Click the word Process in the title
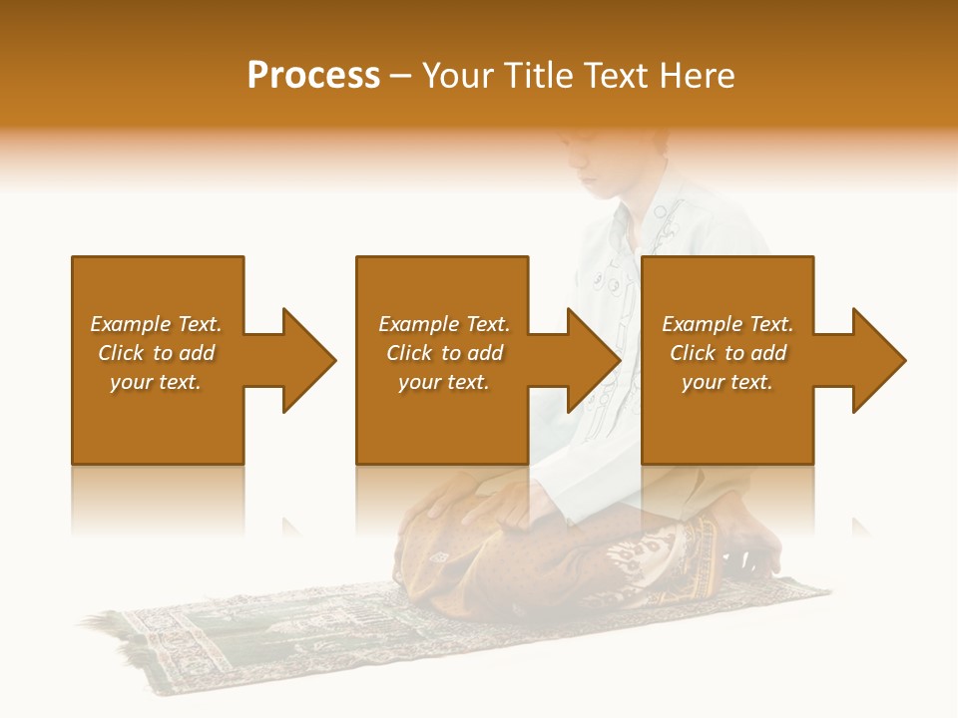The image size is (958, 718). [313, 75]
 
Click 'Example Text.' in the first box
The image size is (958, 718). [156, 324]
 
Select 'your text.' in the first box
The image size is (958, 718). [156, 382]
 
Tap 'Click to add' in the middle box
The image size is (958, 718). [444, 353]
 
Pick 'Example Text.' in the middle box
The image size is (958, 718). [444, 324]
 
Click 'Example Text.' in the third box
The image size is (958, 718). [727, 324]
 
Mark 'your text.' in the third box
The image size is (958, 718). [727, 382]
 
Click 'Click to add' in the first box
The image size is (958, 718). [156, 353]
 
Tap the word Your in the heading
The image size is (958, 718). [457, 75]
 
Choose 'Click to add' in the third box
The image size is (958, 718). [727, 353]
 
